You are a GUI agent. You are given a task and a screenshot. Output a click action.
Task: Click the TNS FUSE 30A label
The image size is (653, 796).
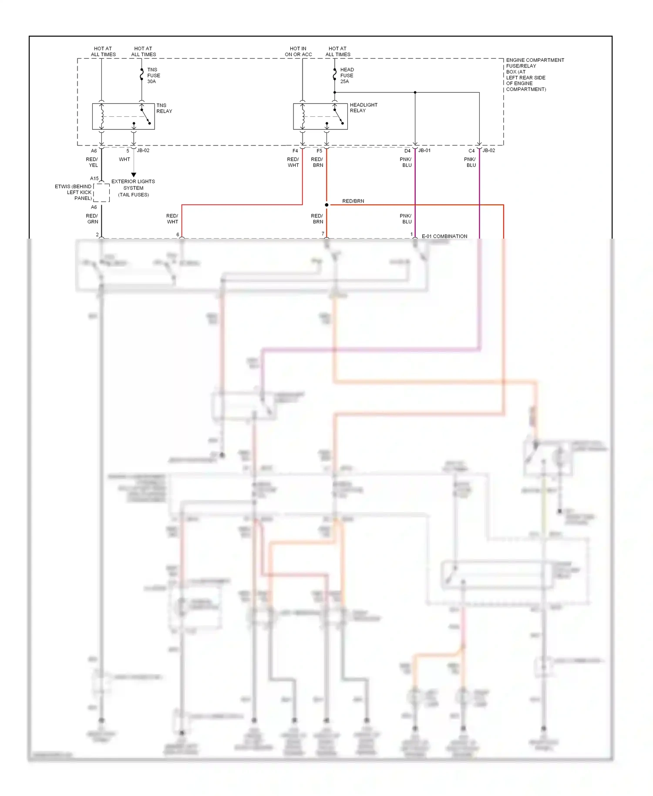pyautogui.click(x=153, y=75)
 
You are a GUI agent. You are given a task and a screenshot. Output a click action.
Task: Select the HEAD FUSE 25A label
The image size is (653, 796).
pyautogui.click(x=347, y=75)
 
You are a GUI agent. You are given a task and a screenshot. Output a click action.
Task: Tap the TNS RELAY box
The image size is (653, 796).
pyautogui.click(x=123, y=116)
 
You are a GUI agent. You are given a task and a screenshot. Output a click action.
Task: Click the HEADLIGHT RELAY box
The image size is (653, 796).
pyautogui.click(x=320, y=116)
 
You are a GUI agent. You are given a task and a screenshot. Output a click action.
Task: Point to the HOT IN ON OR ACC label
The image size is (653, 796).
pyautogui.click(x=298, y=51)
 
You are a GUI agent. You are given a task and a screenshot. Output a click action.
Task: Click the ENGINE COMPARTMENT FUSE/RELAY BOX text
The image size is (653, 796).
pyautogui.click(x=534, y=74)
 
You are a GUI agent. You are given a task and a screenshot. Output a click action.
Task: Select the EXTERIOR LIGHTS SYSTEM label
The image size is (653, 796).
pyautogui.click(x=133, y=188)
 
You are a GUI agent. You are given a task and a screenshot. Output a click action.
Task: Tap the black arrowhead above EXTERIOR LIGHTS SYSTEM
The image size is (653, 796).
pyautogui.click(x=134, y=175)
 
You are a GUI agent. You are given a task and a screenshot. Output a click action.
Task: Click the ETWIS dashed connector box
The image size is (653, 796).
pyautogui.click(x=101, y=192)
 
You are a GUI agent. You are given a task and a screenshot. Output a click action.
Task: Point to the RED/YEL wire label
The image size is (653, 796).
pyautogui.click(x=92, y=162)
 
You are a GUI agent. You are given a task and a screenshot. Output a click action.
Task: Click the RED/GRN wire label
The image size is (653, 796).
pyautogui.click(x=92, y=219)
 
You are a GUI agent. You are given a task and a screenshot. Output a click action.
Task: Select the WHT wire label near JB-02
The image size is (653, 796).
pyautogui.click(x=125, y=159)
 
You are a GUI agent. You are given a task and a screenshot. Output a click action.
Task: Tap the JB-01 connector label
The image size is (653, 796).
pyautogui.click(x=424, y=151)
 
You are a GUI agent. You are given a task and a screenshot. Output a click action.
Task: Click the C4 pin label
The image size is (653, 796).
pyautogui.click(x=471, y=151)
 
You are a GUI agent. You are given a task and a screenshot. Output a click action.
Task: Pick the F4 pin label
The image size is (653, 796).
pyautogui.click(x=295, y=151)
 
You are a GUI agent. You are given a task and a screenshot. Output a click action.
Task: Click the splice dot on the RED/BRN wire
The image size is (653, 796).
pyautogui.click(x=326, y=205)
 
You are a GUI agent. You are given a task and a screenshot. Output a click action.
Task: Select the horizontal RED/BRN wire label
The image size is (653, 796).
pyautogui.click(x=353, y=201)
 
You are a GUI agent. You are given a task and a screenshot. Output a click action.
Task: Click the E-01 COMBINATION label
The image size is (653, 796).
pyautogui.click(x=444, y=236)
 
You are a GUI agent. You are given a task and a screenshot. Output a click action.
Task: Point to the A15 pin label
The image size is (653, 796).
pyautogui.click(x=94, y=179)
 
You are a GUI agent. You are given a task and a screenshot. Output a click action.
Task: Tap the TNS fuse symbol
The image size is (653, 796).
pyautogui.click(x=141, y=75)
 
